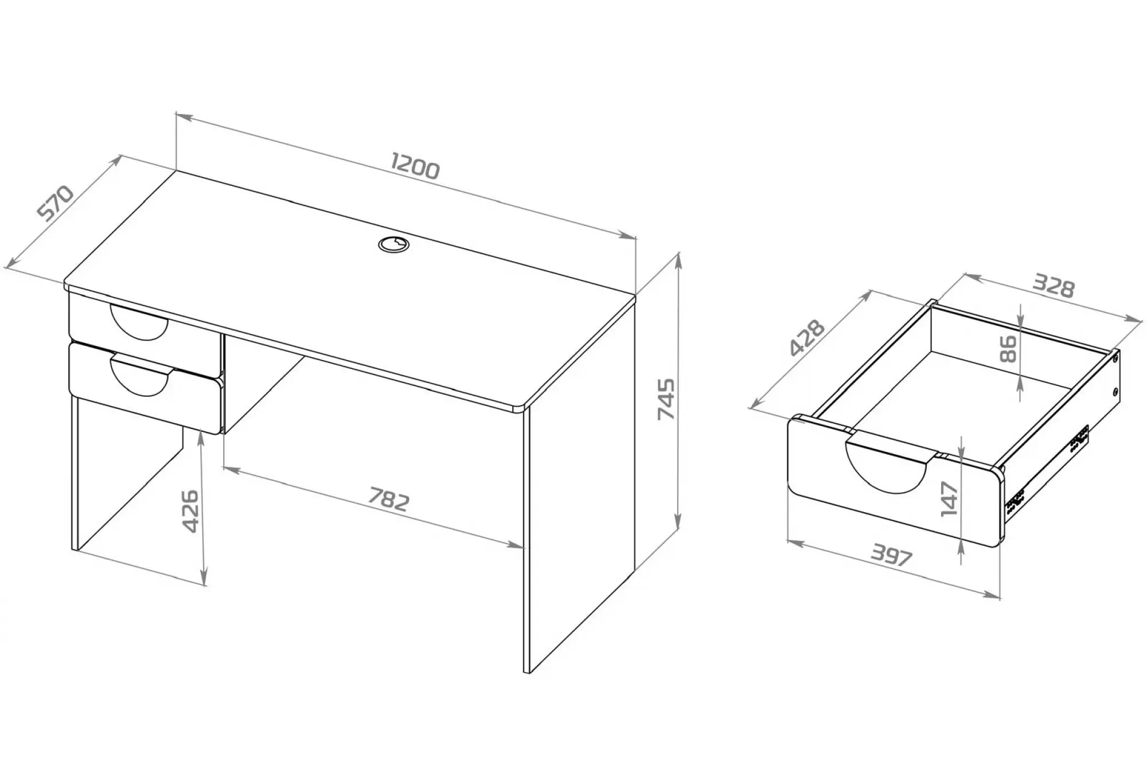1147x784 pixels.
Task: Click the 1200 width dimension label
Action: point(415,166)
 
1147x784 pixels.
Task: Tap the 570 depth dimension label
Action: point(55,202)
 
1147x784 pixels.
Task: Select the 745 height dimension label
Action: point(666,399)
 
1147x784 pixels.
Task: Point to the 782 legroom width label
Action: point(389,499)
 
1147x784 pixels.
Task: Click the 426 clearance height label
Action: point(190,511)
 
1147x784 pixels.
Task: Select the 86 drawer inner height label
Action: point(1008,349)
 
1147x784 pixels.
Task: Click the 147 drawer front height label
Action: point(950,499)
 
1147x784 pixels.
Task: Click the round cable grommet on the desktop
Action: point(394,244)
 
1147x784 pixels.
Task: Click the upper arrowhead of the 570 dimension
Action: point(116,160)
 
